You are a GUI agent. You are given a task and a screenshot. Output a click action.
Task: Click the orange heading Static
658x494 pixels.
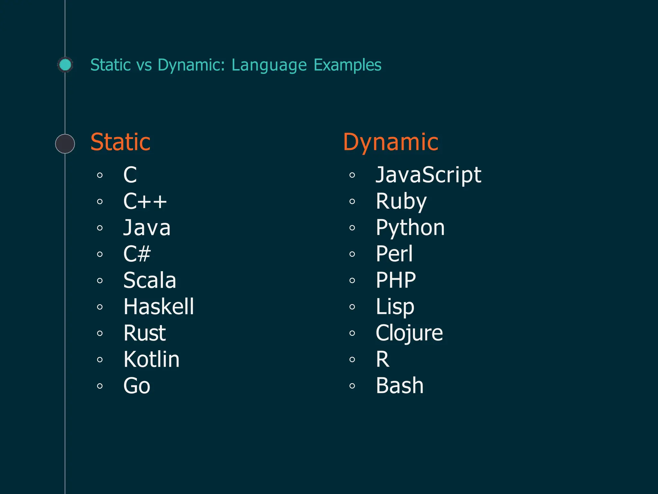coord(120,142)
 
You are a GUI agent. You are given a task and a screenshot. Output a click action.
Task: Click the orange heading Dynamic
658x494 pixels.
coord(390,142)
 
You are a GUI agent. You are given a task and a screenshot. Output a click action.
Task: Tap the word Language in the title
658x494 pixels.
coord(269,65)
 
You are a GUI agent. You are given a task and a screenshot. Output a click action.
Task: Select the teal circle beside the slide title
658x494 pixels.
coord(66,65)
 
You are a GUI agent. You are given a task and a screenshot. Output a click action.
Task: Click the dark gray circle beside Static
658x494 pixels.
coord(65,144)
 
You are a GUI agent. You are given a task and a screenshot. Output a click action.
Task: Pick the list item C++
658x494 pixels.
coord(145,202)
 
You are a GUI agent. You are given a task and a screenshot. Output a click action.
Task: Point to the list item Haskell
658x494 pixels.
coord(159,306)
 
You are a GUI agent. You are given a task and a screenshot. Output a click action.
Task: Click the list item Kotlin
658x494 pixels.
coord(151,359)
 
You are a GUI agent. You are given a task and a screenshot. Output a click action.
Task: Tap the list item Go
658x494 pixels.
coord(137,386)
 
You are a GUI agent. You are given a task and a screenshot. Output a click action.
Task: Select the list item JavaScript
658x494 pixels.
coord(428,175)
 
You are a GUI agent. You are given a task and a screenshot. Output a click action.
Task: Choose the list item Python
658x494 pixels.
coord(410,228)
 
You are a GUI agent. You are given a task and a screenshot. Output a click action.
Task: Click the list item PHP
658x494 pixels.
coord(396,280)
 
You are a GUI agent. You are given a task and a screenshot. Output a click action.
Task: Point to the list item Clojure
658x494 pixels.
coord(409,333)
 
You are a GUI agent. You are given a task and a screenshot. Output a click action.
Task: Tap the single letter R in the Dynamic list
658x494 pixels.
coord(382,359)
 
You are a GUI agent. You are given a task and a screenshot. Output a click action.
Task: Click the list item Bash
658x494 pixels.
coord(399,386)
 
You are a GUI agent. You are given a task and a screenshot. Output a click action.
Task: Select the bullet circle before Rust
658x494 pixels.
coord(100,333)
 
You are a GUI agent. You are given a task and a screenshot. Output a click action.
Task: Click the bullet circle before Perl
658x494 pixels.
coord(352,254)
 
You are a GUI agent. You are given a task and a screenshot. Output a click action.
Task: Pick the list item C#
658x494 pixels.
coord(137,254)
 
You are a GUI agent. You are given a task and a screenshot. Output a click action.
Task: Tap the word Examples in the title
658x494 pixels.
coord(347,65)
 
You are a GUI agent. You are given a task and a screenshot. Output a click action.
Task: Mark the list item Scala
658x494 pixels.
coord(150,280)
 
